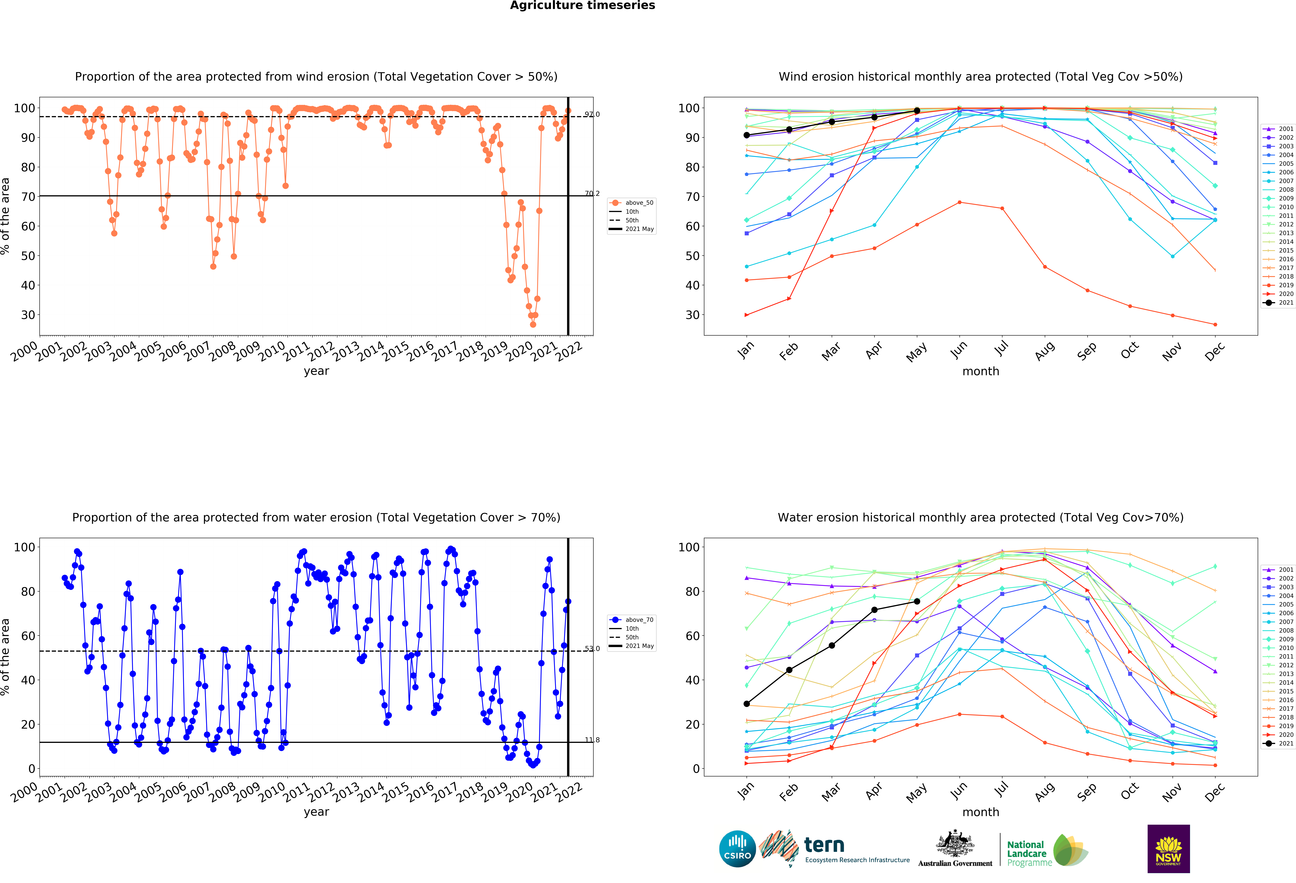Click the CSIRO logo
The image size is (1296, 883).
(x=737, y=849)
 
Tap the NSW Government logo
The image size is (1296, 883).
(x=1168, y=848)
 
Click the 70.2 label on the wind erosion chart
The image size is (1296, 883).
(x=592, y=193)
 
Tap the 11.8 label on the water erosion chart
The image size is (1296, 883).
(x=592, y=740)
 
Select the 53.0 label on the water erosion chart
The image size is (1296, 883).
(x=592, y=648)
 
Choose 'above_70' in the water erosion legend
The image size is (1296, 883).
(x=639, y=619)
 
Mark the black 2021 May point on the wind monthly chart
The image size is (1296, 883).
(x=917, y=111)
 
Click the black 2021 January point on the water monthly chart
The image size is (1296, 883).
(x=747, y=703)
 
